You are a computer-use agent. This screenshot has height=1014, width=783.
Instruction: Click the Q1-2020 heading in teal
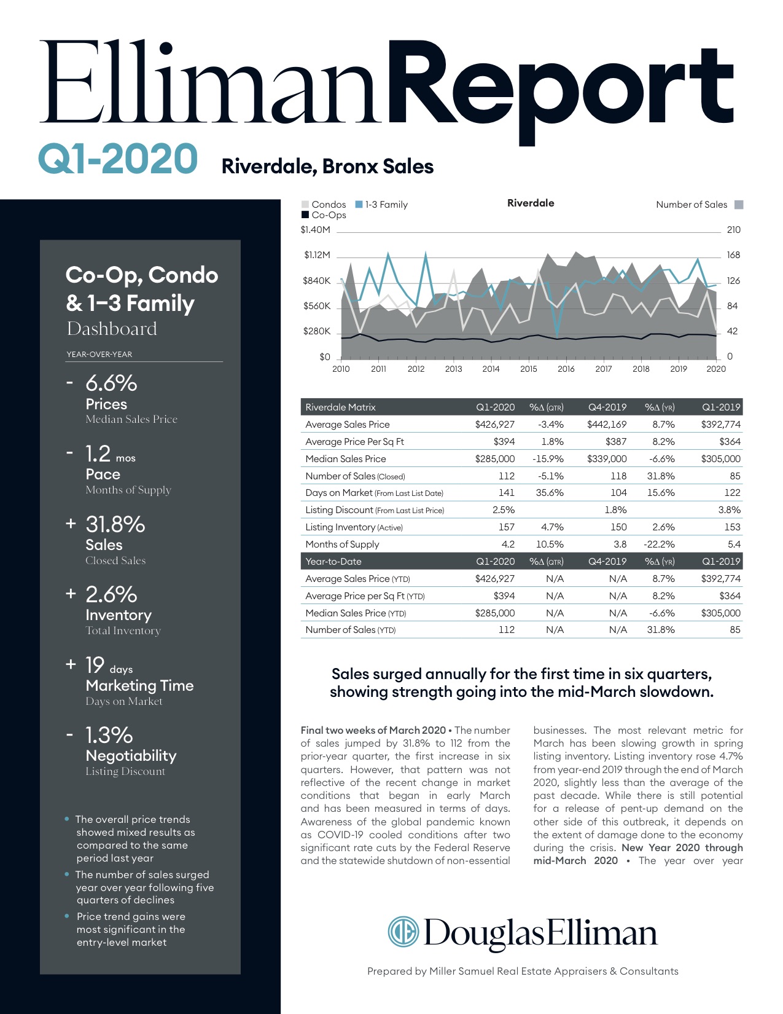pos(118,159)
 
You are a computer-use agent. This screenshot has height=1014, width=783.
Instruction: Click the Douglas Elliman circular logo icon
pos(403,931)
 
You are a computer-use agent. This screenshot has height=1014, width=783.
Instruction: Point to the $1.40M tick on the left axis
pos(315,230)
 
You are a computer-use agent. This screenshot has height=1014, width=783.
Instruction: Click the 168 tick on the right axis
pos(733,255)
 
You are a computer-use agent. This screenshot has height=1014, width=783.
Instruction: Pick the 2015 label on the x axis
pos(528,369)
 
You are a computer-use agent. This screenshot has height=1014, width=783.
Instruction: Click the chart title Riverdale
pos(531,203)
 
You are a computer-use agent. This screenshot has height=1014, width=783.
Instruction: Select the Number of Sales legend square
pos(739,205)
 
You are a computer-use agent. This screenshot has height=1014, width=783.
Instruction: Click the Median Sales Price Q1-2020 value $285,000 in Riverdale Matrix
pos(495,458)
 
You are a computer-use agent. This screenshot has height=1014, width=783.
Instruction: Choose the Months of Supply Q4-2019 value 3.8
pos(620,544)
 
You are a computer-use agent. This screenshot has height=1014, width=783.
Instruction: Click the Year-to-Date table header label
pos(333,561)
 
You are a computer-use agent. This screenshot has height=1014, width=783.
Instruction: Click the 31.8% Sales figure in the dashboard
pos(115,524)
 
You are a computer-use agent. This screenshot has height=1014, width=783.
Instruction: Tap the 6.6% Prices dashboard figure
pos(111,383)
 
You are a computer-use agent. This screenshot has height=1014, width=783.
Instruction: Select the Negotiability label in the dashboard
pos(131,755)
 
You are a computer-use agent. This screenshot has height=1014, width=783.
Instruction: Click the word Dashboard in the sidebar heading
pos(112,329)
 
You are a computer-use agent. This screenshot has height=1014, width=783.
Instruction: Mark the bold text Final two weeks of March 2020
pos(373,730)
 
